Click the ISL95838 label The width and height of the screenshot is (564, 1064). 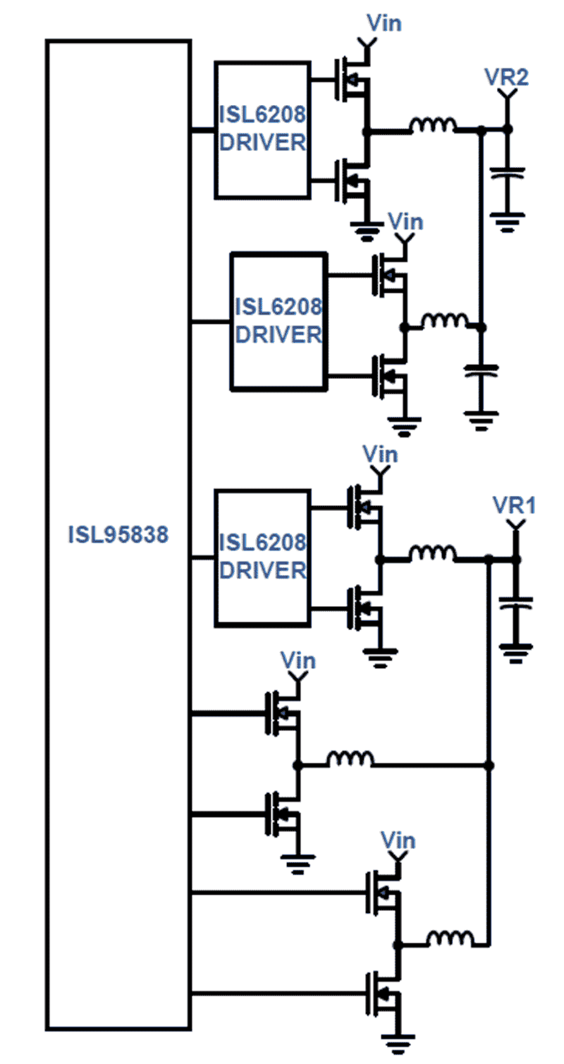[x=118, y=534]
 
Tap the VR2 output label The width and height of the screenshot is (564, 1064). [x=507, y=77]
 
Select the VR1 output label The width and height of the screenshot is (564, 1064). [x=514, y=505]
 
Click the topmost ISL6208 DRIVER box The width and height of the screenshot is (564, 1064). [x=263, y=130]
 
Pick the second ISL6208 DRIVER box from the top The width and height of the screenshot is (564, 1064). [x=278, y=322]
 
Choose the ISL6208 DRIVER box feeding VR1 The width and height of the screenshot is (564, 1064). [x=263, y=558]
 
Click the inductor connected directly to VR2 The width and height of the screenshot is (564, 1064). [x=432, y=126]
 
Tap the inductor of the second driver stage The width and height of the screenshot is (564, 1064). [x=445, y=321]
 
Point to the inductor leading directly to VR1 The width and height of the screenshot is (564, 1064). [x=432, y=554]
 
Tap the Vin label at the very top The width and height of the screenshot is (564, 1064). [x=384, y=23]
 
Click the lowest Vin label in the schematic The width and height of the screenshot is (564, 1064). [x=398, y=841]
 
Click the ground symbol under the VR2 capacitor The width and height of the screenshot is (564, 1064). [x=507, y=222]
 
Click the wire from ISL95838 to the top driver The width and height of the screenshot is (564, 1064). [x=203, y=130]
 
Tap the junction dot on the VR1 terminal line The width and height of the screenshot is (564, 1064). [x=516, y=559]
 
